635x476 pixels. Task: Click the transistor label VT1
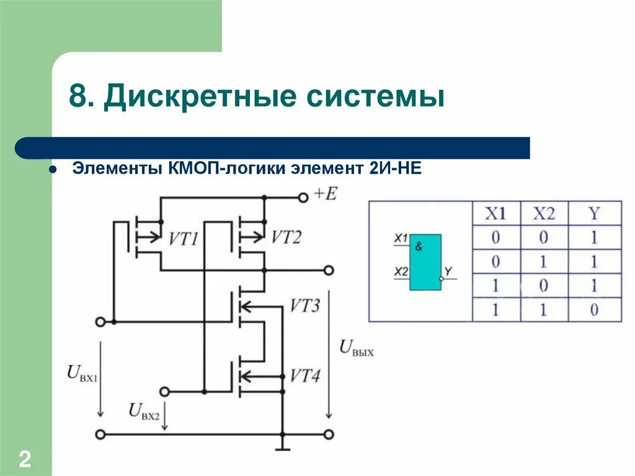(183, 238)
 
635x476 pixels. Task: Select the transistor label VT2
(286, 237)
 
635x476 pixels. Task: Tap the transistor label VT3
(305, 306)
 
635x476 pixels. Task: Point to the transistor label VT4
(305, 375)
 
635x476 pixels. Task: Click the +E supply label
(325, 194)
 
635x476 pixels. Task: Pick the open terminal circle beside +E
(303, 197)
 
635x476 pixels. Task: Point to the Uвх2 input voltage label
(143, 410)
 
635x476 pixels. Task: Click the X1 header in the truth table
(495, 214)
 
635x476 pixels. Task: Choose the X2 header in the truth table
(544, 214)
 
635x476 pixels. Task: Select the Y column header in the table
(594, 214)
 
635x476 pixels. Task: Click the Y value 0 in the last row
(594, 310)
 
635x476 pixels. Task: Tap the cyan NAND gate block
(425, 262)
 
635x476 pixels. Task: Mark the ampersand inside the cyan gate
(419, 246)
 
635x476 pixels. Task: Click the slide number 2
(25, 460)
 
